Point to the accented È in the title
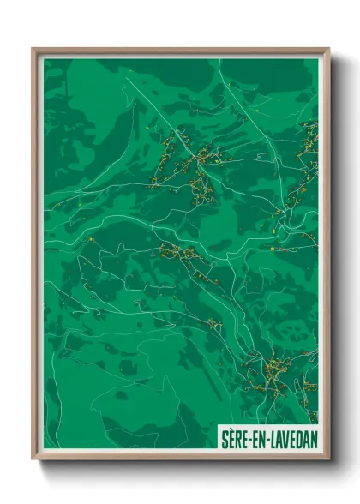pos(231,435)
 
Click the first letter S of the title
pos(225,435)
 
